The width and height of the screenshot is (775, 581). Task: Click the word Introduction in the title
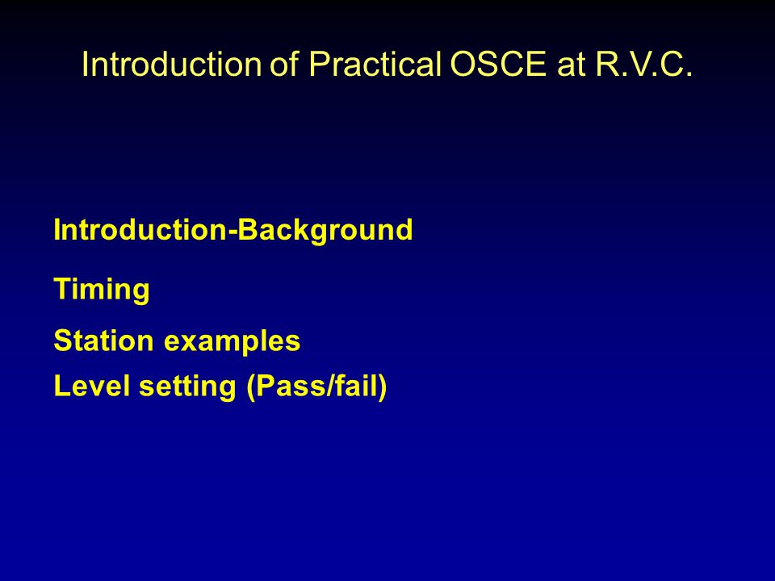pyautogui.click(x=171, y=64)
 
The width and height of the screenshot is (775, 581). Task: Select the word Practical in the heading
pyautogui.click(x=375, y=64)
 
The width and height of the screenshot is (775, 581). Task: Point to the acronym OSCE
pyautogui.click(x=498, y=64)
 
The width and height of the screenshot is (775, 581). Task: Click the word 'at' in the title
pyautogui.click(x=571, y=65)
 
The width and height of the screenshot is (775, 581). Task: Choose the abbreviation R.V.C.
pyautogui.click(x=643, y=64)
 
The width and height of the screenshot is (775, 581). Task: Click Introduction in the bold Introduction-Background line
pyautogui.click(x=140, y=230)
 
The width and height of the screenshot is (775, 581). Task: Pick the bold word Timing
pyautogui.click(x=102, y=290)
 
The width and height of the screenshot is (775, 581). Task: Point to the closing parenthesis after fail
pyautogui.click(x=382, y=387)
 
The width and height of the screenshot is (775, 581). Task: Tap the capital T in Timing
pyautogui.click(x=62, y=289)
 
